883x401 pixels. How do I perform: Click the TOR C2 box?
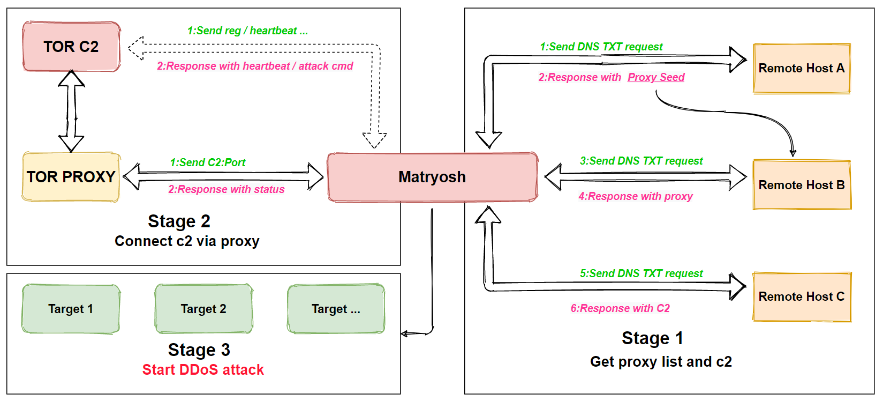tap(71, 47)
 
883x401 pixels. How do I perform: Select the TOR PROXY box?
tap(71, 177)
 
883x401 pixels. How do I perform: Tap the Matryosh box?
tap(433, 177)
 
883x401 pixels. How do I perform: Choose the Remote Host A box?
tap(802, 68)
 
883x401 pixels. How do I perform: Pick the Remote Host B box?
tap(802, 185)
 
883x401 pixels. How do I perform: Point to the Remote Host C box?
tap(802, 297)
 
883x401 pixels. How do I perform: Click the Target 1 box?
tap(71, 309)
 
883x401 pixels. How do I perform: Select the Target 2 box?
tap(204, 309)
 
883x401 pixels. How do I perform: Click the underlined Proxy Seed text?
tap(656, 77)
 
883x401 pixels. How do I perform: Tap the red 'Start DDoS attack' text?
tap(203, 370)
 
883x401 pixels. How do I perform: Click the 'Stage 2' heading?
tap(179, 221)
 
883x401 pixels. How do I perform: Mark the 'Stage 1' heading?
tap(653, 338)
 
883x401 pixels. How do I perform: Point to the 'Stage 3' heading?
tap(199, 350)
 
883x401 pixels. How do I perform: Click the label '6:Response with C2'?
tap(620, 308)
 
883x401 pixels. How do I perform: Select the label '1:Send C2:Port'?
tap(207, 162)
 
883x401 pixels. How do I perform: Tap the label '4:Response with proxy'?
tap(636, 196)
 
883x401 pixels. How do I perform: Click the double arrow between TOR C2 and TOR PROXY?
tap(71, 112)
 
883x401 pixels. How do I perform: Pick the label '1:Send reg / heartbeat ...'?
tap(247, 31)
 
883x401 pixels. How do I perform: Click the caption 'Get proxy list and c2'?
tap(661, 362)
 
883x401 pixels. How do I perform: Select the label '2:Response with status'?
tap(227, 189)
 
